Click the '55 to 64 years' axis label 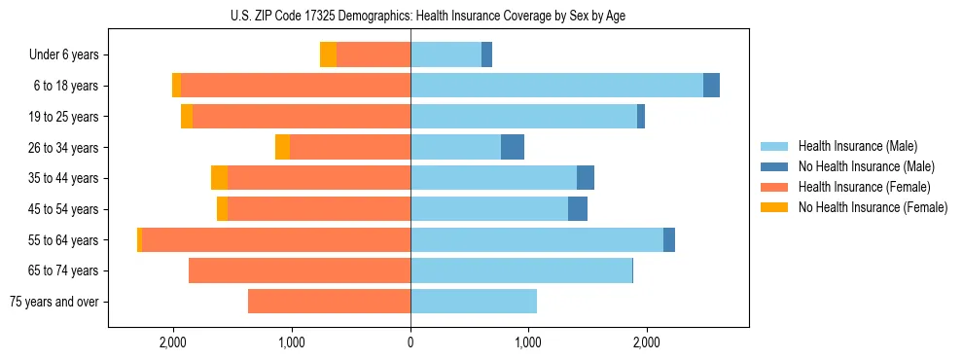point(65,240)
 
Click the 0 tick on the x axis point(410,342)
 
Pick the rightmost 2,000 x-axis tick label point(647,342)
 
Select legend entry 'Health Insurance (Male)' point(857,146)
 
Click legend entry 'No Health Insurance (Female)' point(873,207)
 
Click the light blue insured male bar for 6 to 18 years point(556,86)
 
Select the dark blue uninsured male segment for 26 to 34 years point(513,147)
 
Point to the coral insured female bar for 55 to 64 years point(276,240)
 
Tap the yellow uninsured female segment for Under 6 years point(328,55)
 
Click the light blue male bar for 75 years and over point(474,302)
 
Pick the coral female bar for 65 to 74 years point(300,270)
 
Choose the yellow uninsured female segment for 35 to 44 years point(219,178)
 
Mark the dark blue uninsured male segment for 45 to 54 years point(578,209)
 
